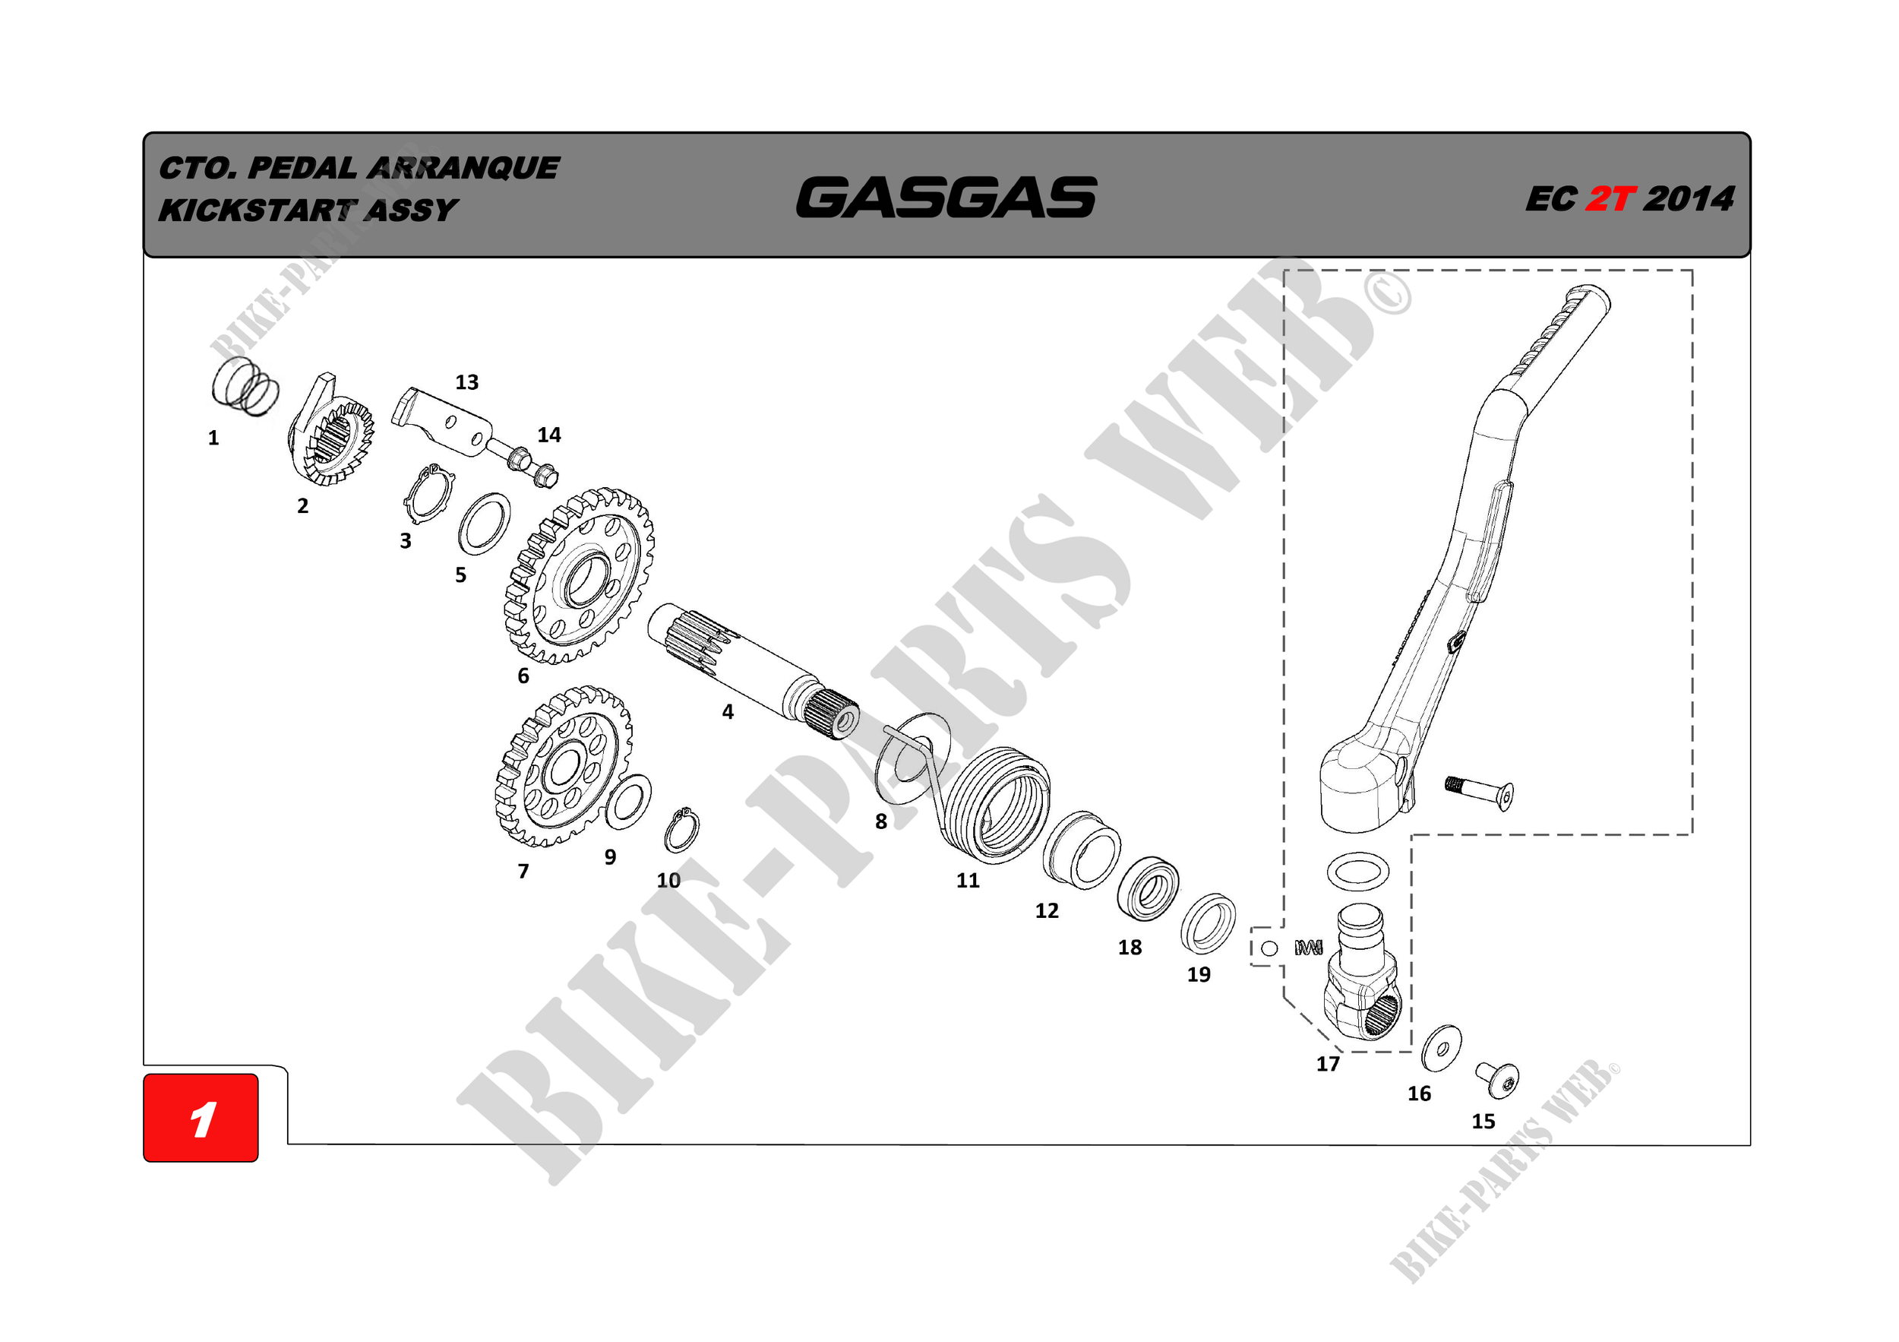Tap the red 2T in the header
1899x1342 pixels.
tap(1610, 199)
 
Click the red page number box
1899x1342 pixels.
tap(201, 1117)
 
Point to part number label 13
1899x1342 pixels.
tap(466, 382)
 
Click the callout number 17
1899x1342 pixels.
tap(1328, 1064)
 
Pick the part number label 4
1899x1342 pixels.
tap(727, 711)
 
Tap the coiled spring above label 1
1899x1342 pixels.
tap(245, 386)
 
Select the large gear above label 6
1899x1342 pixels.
tap(579, 577)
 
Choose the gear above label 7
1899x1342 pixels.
tap(564, 766)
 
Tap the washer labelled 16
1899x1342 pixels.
tap(1441, 1048)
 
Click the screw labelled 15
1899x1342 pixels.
tap(1499, 1080)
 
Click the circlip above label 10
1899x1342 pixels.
tap(682, 830)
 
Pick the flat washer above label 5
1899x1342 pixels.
tap(484, 524)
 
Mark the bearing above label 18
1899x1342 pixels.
tap(1148, 889)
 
